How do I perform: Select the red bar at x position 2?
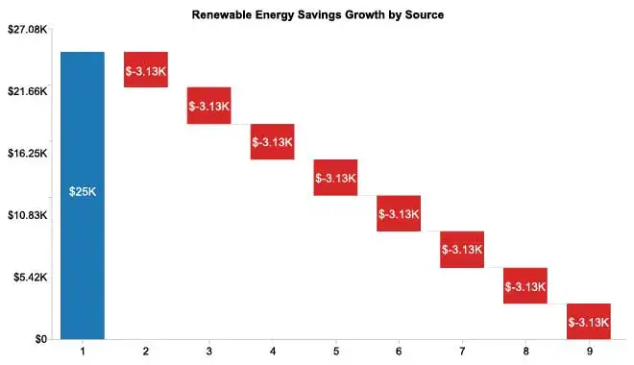click(146, 70)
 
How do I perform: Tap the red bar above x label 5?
click(335, 178)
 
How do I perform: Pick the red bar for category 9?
click(588, 321)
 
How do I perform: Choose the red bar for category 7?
click(462, 250)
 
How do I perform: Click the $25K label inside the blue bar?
click(83, 192)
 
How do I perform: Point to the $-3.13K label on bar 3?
click(209, 106)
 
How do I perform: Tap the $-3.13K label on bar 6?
click(399, 213)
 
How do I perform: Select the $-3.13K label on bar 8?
click(525, 286)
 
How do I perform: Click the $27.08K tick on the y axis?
click(27, 30)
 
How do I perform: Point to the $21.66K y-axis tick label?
click(27, 91)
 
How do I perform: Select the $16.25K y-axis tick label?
click(27, 154)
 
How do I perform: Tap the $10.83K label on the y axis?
click(27, 215)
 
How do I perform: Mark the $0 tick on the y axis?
click(39, 339)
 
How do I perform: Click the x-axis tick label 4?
click(272, 353)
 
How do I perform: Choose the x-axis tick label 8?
click(525, 353)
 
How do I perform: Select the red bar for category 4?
click(272, 142)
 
